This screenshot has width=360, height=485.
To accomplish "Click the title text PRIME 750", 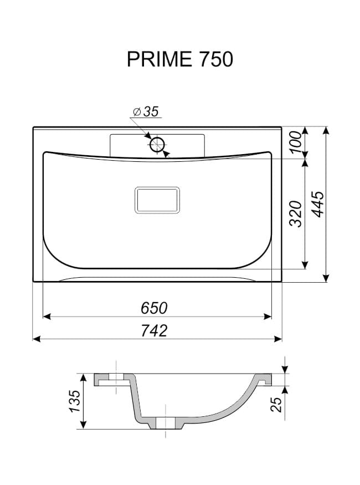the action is [x=180, y=59].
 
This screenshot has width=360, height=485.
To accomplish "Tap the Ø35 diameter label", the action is [x=146, y=111].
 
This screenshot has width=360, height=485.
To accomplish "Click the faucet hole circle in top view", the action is [x=158, y=145].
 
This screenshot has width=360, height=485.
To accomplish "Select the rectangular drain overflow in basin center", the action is [x=157, y=200].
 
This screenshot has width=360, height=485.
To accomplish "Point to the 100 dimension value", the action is [x=295, y=142].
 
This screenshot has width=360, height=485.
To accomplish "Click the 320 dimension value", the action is [x=295, y=213].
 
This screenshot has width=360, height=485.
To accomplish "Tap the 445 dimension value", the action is [x=318, y=204].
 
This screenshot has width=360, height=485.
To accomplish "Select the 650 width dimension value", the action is [x=154, y=308].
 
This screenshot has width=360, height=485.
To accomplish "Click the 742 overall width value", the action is [x=154, y=331].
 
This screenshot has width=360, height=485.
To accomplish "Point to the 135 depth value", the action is [x=75, y=401].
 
